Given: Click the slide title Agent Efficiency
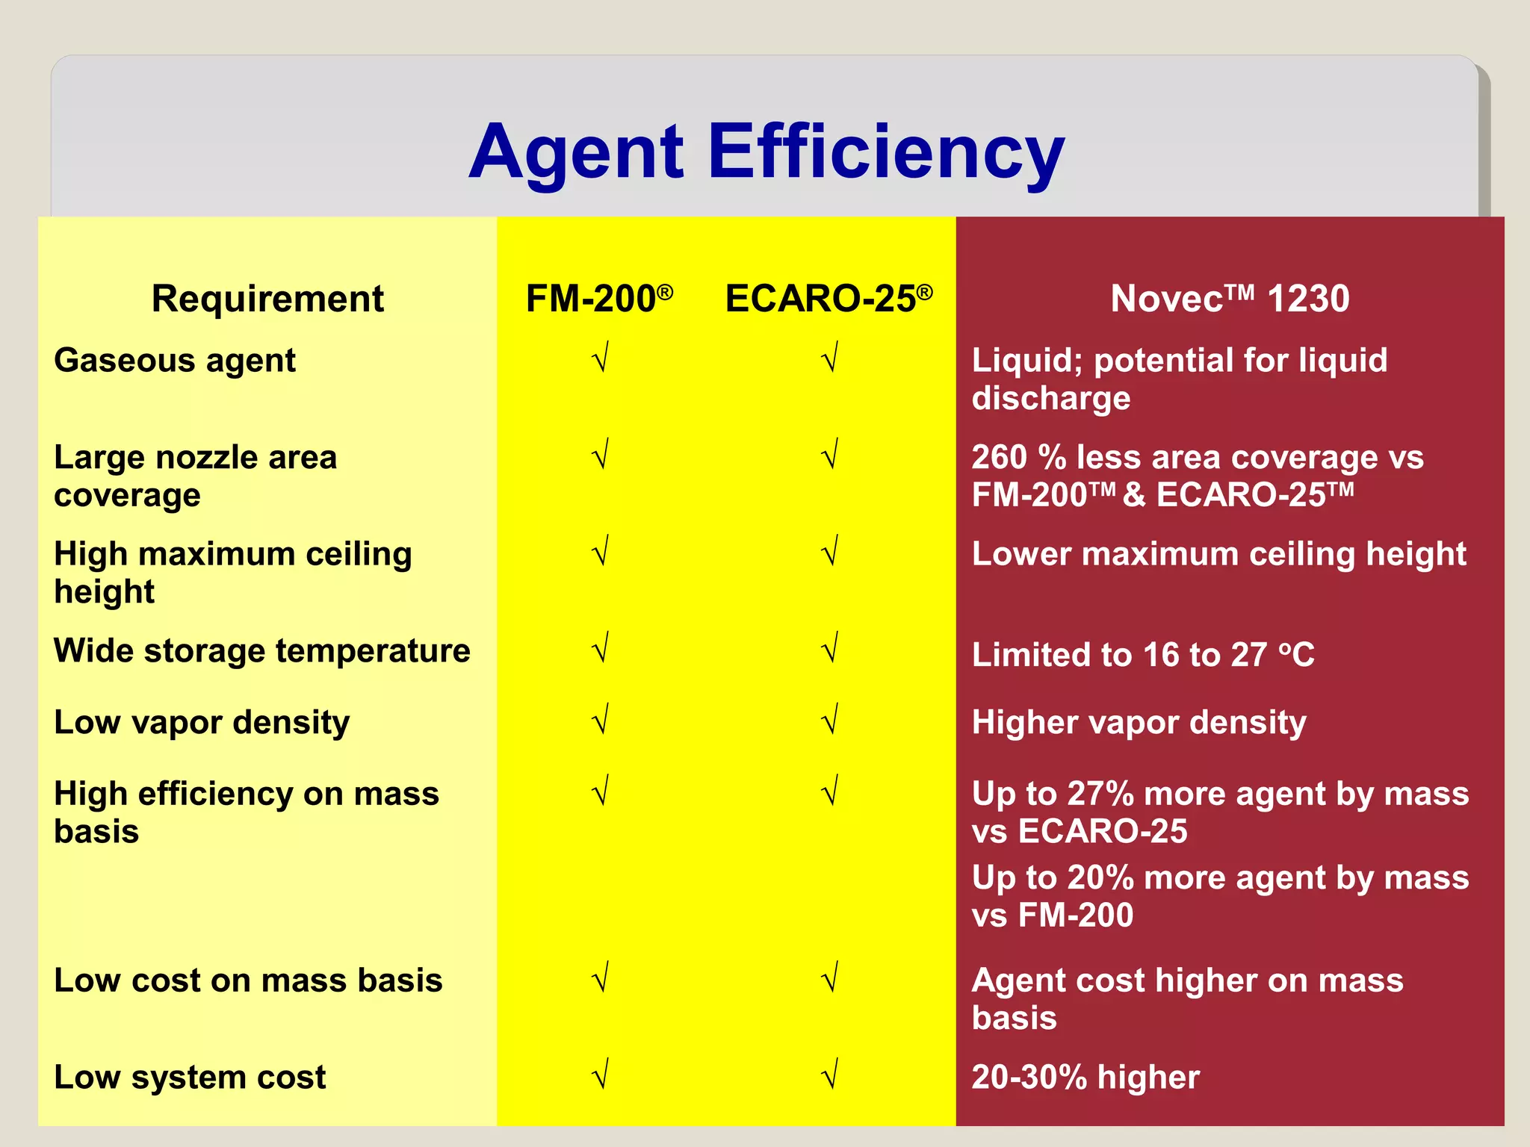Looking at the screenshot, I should click(766, 152).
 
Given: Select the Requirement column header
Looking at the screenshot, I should click(267, 299).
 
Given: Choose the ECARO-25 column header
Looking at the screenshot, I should click(829, 299).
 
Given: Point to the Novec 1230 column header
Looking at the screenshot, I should click(1230, 299).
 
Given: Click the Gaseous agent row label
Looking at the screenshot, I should click(175, 361).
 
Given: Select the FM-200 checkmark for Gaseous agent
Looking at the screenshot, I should click(601, 358).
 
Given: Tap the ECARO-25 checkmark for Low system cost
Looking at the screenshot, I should click(830, 1075).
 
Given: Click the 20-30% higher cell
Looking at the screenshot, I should click(1085, 1078).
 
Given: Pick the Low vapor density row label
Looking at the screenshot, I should click(202, 723).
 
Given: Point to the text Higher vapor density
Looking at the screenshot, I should click(1139, 723).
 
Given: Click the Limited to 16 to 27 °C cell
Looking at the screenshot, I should click(1143, 655).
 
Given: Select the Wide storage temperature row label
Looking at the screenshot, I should click(262, 651).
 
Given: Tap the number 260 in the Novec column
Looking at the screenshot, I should click(1000, 458).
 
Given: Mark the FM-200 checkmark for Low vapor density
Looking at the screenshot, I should click(601, 720).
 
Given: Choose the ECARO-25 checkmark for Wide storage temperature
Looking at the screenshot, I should click(830, 648).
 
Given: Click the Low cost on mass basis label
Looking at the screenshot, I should click(248, 980).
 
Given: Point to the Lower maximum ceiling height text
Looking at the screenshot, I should click(1218, 554).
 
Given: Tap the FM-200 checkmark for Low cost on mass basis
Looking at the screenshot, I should click(601, 977).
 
